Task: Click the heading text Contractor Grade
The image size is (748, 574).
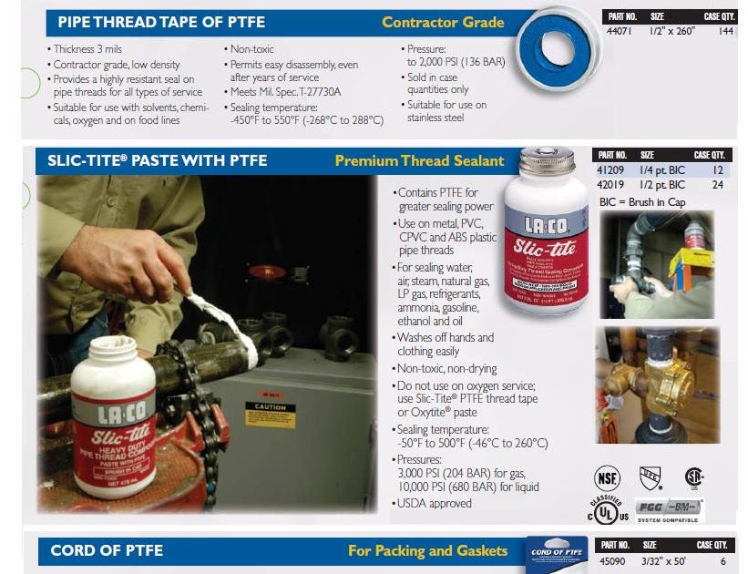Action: (x=443, y=23)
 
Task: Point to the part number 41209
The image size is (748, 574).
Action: (x=609, y=170)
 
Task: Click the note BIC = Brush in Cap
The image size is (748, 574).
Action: (x=641, y=201)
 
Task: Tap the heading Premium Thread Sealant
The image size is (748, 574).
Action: (x=419, y=161)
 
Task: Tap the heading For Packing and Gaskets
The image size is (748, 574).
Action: (x=427, y=551)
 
